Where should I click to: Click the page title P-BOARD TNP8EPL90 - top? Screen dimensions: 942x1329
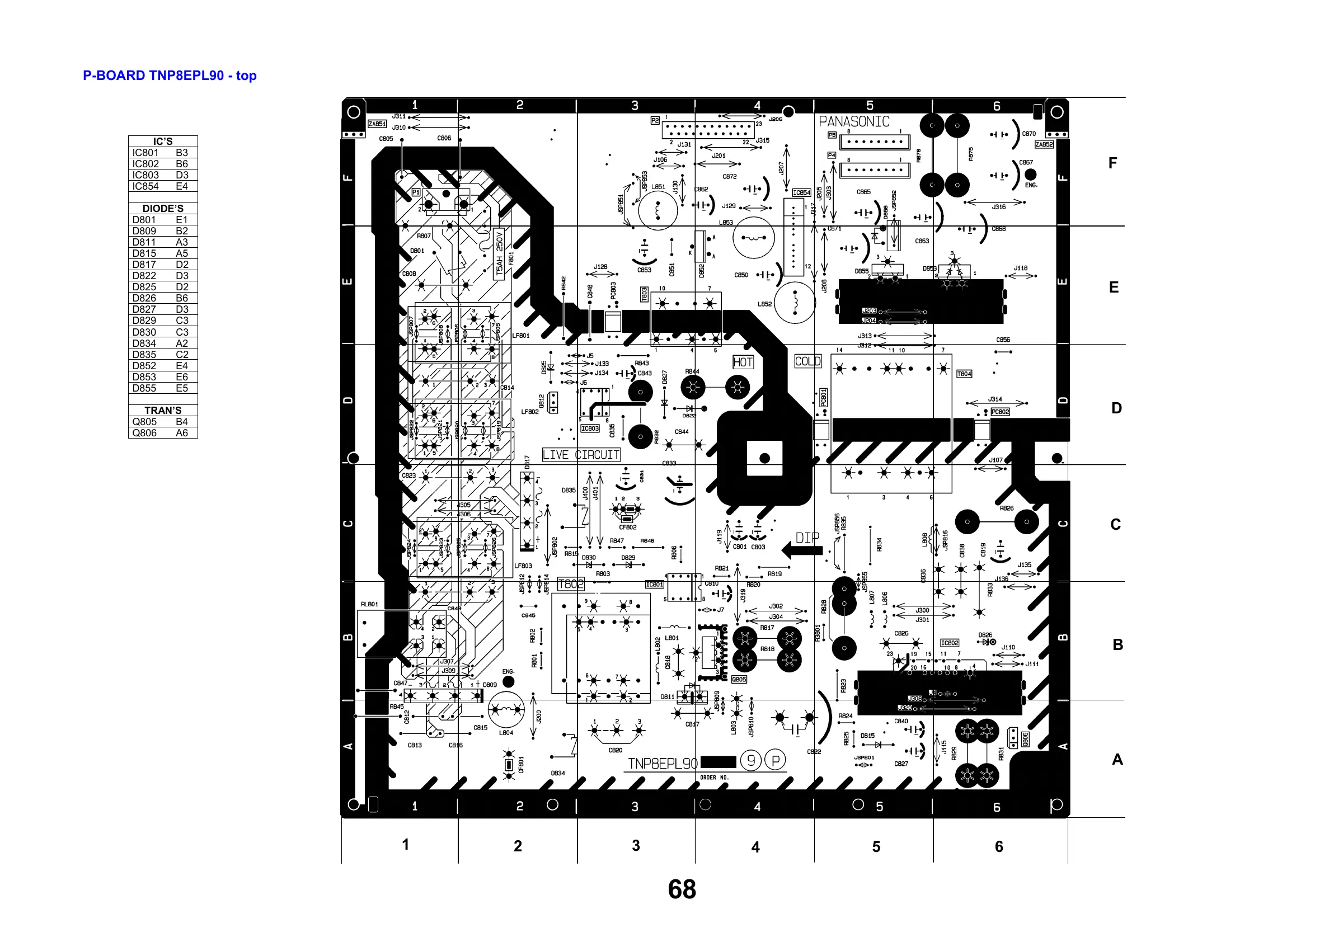[x=170, y=76]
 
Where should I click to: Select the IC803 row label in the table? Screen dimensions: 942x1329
[x=145, y=175]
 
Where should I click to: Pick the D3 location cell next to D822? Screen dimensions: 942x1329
[x=181, y=276]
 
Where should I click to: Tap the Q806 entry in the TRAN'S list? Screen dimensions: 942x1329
[x=144, y=433]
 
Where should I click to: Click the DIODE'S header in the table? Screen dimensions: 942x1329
[x=163, y=208]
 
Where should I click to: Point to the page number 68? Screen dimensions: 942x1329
[x=682, y=889]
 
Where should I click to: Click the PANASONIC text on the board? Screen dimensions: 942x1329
[x=854, y=122]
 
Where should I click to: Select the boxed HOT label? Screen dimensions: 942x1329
[x=743, y=362]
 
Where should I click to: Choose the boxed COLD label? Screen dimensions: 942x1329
[x=807, y=361]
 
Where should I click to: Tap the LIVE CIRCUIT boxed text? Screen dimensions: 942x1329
[x=581, y=455]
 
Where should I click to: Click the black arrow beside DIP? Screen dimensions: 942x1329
[x=801, y=550]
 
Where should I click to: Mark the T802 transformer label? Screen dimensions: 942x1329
[x=571, y=584]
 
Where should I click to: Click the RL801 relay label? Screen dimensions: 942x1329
[x=369, y=604]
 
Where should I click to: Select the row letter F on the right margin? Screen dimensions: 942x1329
[x=1112, y=163]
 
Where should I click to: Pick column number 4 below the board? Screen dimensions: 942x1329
[x=755, y=847]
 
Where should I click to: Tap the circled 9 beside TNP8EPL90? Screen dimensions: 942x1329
[x=751, y=760]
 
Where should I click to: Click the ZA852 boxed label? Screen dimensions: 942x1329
[x=1044, y=144]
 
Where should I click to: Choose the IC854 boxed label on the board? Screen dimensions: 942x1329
[x=801, y=192]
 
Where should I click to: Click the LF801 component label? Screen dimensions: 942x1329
[x=520, y=336]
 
